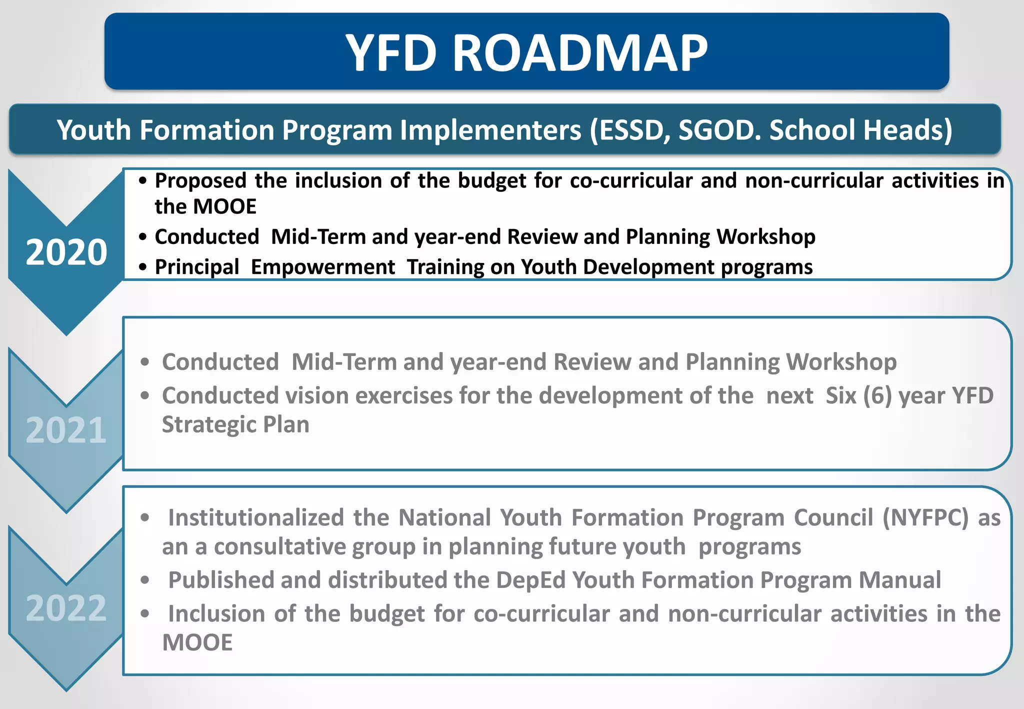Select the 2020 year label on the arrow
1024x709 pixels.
pos(66,252)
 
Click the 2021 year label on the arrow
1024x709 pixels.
pos(66,430)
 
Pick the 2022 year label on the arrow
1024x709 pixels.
pos(66,608)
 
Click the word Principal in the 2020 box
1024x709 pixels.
pos(197,267)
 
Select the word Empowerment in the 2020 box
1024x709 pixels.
pos(323,267)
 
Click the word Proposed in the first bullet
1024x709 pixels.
pos(200,181)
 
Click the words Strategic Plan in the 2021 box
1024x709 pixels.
pos(235,424)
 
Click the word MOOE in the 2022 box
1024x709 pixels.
pos(197,642)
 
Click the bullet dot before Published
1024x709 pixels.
pos(145,580)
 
